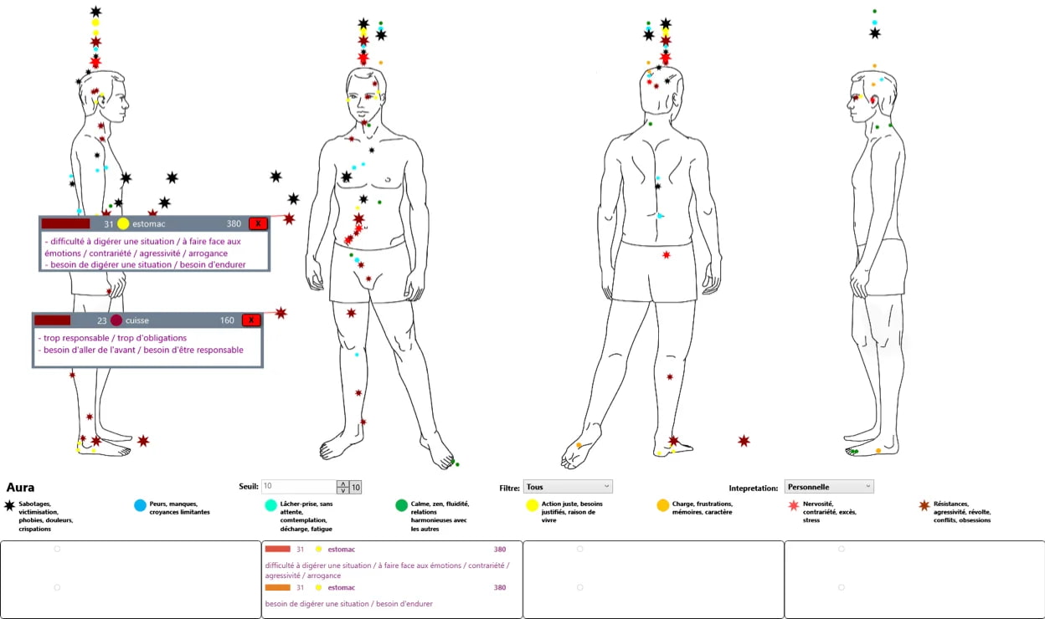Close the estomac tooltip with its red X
click(x=258, y=223)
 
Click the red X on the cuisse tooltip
click(x=251, y=320)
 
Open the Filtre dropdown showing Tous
click(x=568, y=487)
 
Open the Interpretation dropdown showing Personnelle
click(x=828, y=487)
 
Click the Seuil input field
click(x=298, y=487)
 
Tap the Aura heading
click(x=20, y=488)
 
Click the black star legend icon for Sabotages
click(x=9, y=505)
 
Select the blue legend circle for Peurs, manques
click(x=141, y=505)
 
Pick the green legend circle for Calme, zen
click(x=402, y=505)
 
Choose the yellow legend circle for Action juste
click(x=532, y=505)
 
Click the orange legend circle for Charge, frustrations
click(x=662, y=505)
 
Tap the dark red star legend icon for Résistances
click(x=924, y=505)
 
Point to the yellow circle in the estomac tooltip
click(x=123, y=223)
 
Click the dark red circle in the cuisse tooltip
click(x=116, y=320)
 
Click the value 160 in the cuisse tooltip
click(x=227, y=320)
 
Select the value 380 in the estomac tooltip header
click(x=234, y=223)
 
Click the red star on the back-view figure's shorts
click(x=667, y=254)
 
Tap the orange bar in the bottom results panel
click(x=277, y=587)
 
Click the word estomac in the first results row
click(x=342, y=550)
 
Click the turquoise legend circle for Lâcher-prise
click(x=270, y=505)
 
